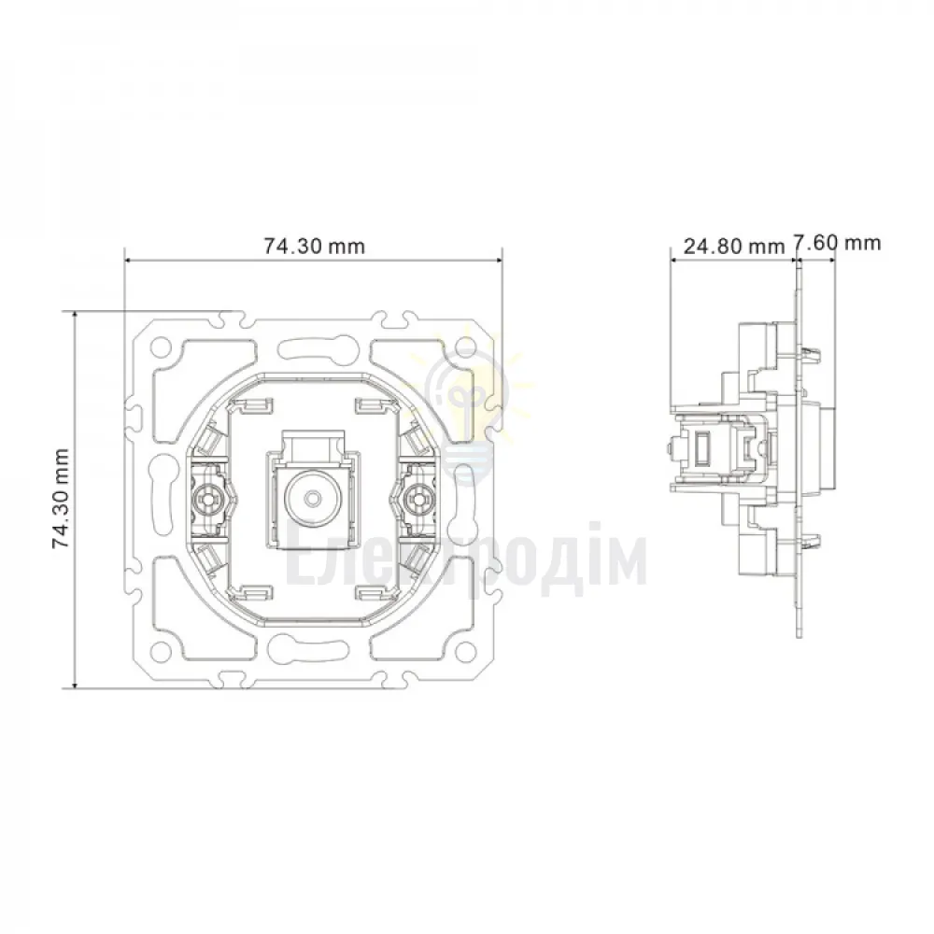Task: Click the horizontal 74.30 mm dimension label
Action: [314, 246]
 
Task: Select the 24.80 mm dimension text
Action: [734, 246]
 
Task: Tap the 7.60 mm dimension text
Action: [838, 243]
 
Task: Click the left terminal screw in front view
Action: [210, 496]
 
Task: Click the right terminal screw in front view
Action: [416, 497]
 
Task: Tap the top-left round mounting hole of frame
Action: [161, 346]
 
